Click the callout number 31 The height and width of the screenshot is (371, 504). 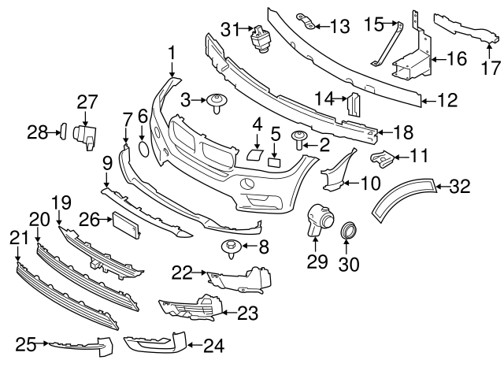pos(229,29)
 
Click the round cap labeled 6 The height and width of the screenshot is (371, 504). pos(143,147)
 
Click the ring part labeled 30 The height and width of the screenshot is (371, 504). pos(346,232)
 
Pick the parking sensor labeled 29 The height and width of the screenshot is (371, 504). pos(319,219)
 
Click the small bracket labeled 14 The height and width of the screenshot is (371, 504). pos(354,102)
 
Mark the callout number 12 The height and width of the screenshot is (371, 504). pos(447,100)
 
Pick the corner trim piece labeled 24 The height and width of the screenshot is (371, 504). pos(154,343)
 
